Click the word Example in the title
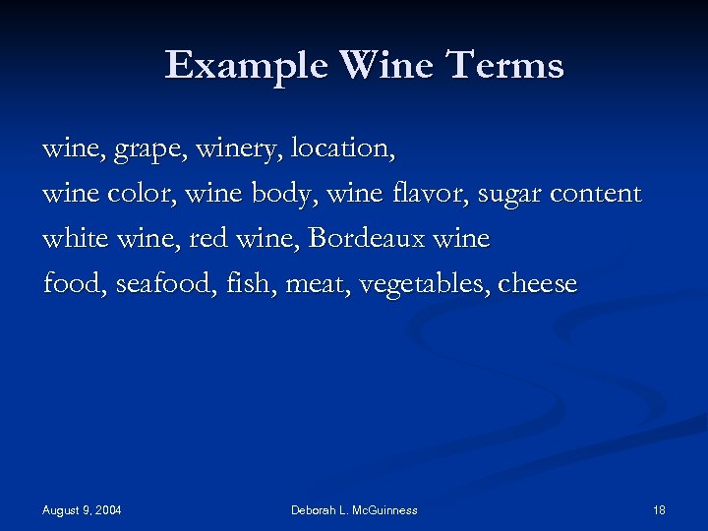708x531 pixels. [x=247, y=66]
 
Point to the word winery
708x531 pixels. [x=237, y=149]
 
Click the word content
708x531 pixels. [x=596, y=194]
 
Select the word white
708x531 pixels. [x=76, y=239]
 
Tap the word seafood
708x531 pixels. [x=162, y=284]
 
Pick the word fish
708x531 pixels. [x=245, y=284]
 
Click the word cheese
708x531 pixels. [x=538, y=284]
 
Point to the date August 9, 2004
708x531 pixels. [x=82, y=510]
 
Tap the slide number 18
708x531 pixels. [x=659, y=510]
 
